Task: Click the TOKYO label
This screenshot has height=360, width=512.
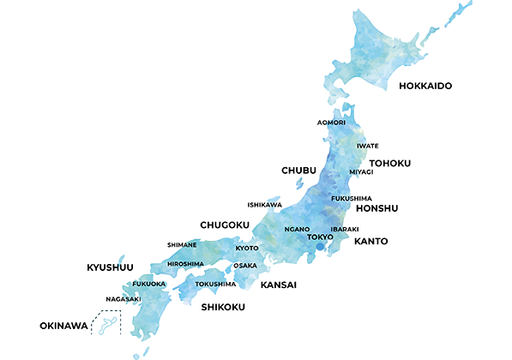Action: tap(319, 237)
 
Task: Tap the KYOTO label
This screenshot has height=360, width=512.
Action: tap(247, 248)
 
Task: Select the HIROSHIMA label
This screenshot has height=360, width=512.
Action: tap(186, 264)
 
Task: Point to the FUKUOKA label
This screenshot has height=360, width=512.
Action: tap(148, 283)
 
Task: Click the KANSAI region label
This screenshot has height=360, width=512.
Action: tap(279, 284)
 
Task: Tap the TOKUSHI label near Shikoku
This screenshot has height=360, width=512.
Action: tap(209, 284)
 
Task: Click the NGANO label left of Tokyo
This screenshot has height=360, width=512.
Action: tap(297, 230)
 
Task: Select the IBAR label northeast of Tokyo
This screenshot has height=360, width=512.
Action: tap(340, 229)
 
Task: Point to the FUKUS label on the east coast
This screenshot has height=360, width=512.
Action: tap(343, 198)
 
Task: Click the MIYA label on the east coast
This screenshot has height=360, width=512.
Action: tap(358, 171)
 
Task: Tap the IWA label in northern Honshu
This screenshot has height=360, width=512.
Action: tap(363, 146)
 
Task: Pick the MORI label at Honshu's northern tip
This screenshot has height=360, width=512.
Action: tap(335, 123)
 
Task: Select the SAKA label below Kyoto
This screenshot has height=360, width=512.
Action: tap(247, 266)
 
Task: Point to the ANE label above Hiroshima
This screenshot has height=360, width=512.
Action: tap(190, 245)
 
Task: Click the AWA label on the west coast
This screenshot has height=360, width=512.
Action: tap(272, 205)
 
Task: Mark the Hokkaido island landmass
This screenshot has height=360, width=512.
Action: tap(386, 51)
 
